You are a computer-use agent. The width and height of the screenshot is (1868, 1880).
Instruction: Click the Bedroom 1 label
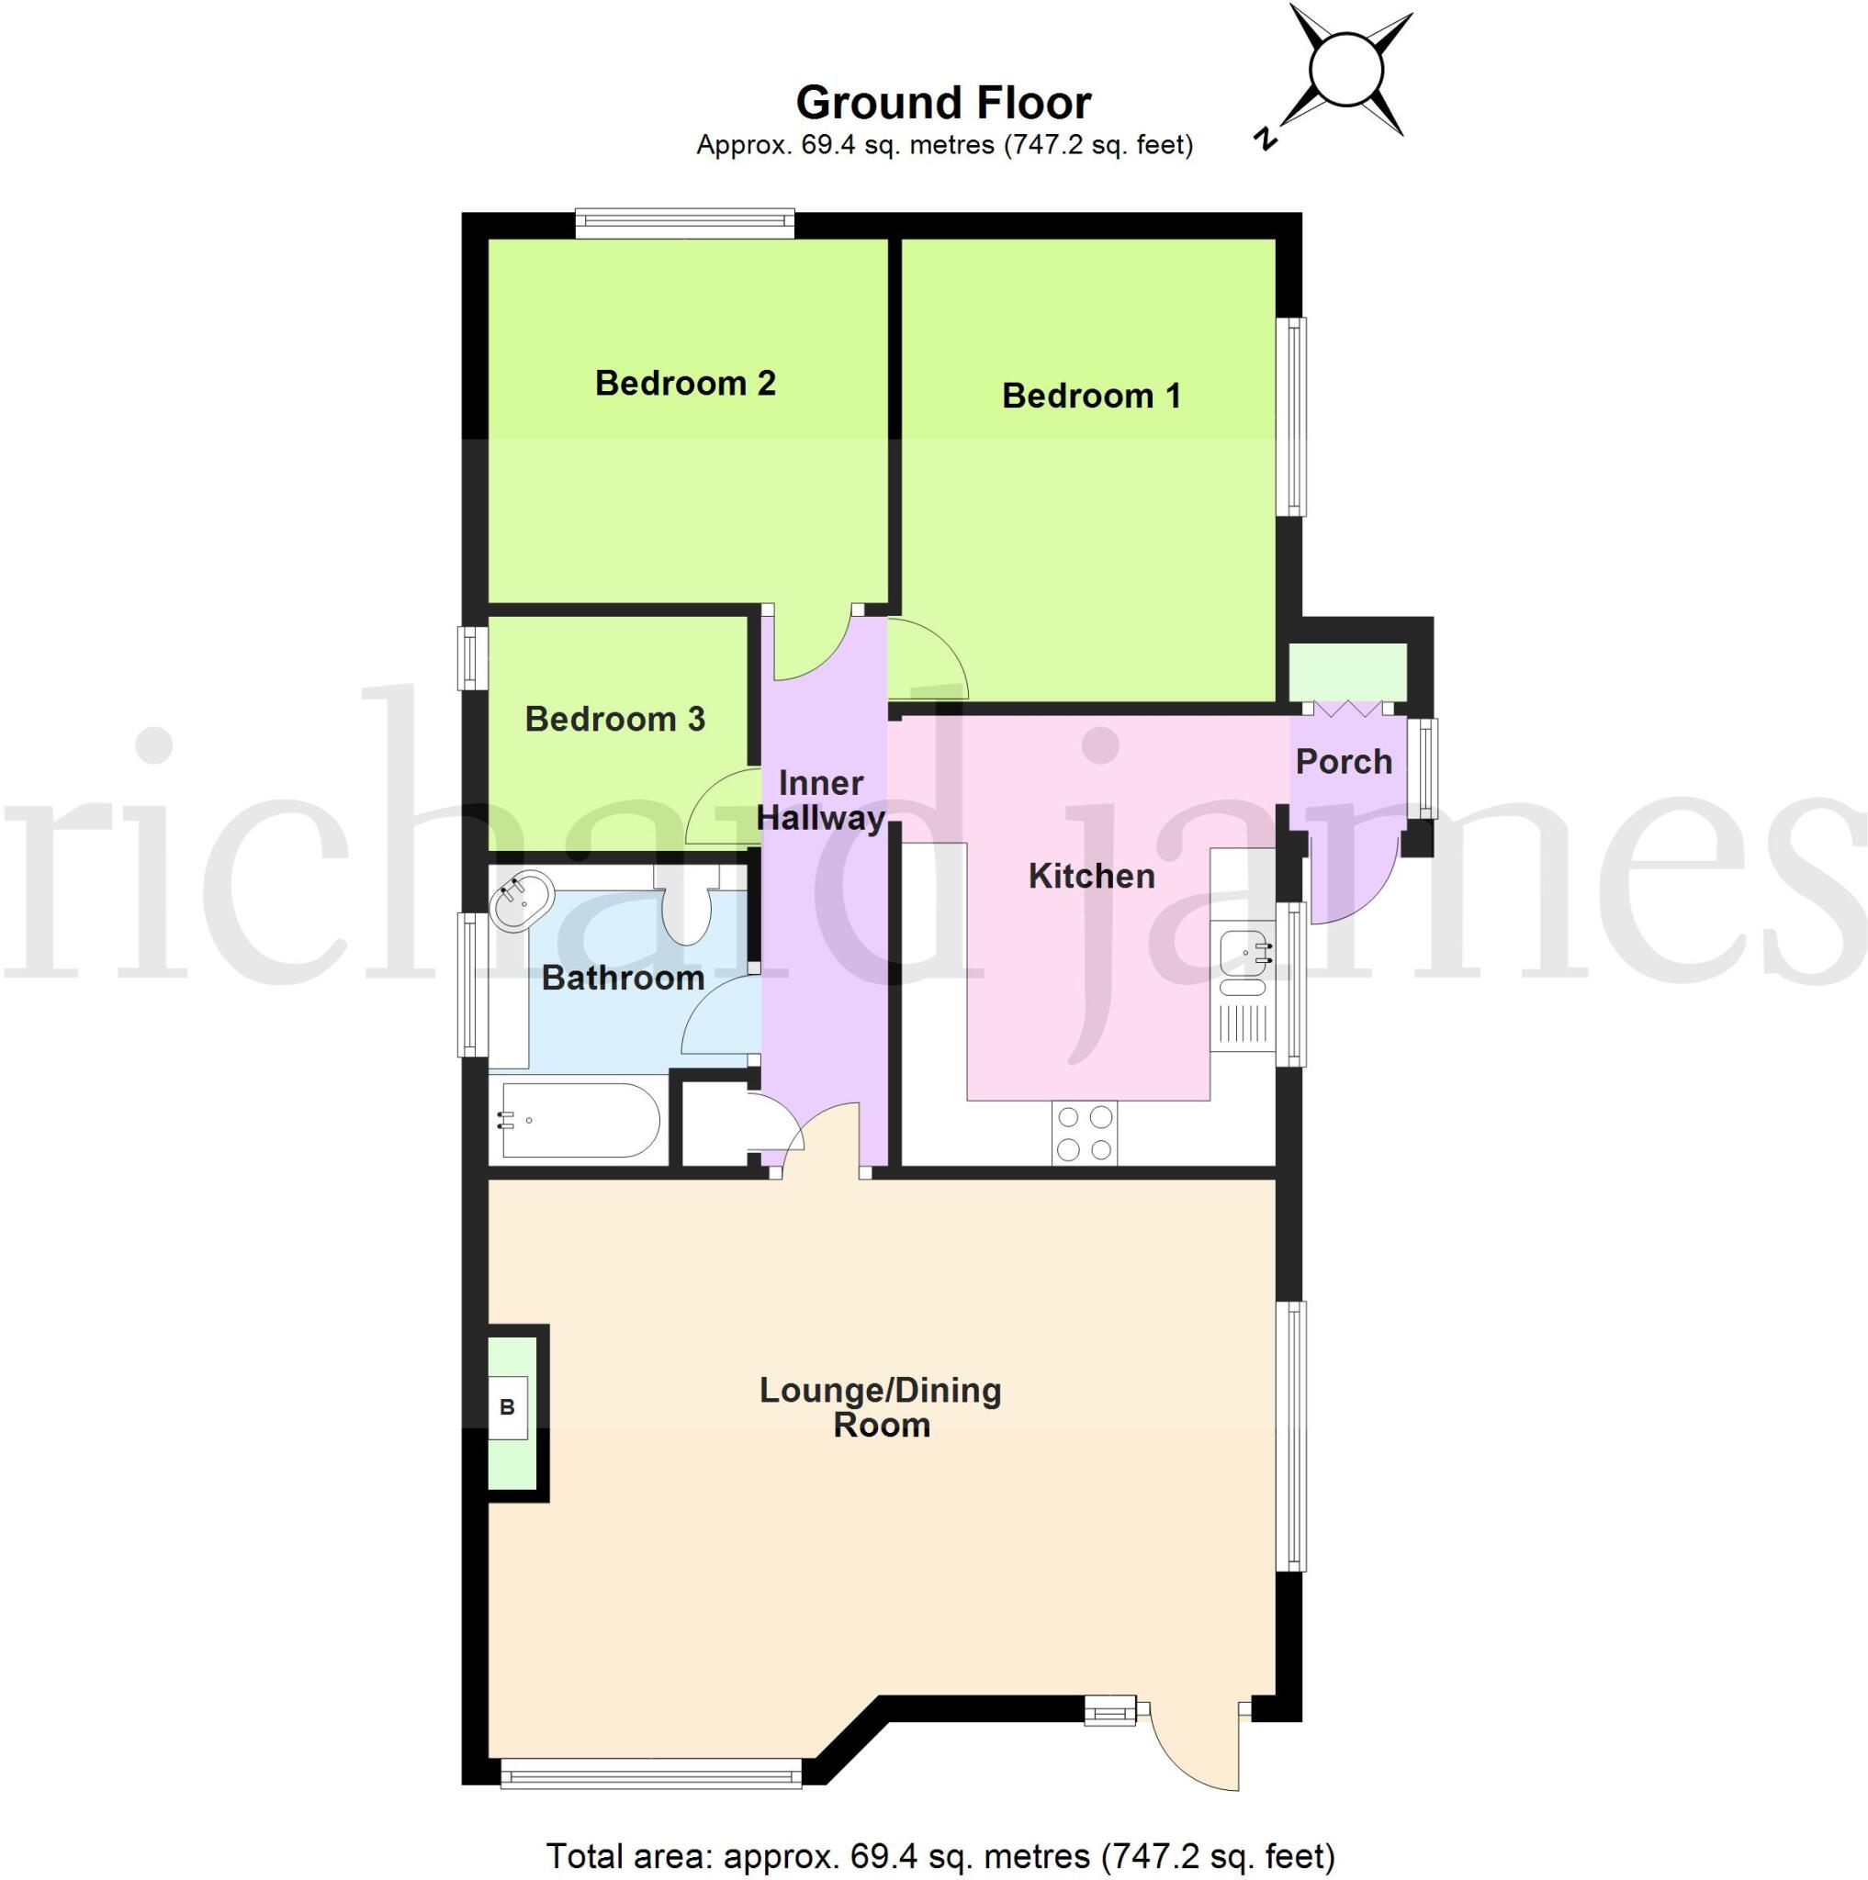1091,396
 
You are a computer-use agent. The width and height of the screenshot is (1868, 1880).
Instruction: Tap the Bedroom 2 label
685,384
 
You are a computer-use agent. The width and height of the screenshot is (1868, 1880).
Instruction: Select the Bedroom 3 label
614,719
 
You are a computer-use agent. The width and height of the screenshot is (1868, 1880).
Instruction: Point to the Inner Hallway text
821,800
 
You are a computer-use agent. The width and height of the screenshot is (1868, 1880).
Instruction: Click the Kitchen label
1091,876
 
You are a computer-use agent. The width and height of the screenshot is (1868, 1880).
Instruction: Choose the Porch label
1344,761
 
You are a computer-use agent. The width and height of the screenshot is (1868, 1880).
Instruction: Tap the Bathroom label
622,978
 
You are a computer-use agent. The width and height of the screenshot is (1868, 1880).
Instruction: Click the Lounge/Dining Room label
880,1407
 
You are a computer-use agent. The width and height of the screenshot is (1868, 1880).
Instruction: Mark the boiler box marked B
507,1407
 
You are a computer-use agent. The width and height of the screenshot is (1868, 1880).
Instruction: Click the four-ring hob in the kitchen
1085,1133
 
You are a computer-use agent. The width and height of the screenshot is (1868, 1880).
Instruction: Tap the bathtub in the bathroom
580,1120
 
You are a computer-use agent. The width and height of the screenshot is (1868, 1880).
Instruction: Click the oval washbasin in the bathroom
523,898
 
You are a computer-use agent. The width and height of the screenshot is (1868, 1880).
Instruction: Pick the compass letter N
1266,139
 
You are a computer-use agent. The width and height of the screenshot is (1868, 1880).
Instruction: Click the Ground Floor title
943,103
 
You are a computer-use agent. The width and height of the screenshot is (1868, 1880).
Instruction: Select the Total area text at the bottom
940,1855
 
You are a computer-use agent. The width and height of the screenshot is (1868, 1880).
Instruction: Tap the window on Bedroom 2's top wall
684,224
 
